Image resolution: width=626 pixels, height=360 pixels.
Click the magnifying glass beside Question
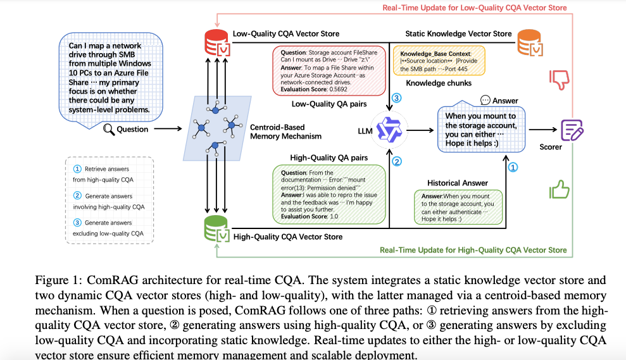[x=109, y=129]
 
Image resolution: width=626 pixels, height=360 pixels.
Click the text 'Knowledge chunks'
[x=439, y=83]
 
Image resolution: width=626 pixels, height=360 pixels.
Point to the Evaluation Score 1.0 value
[x=334, y=216]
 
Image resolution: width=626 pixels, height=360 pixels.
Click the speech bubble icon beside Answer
[x=485, y=100]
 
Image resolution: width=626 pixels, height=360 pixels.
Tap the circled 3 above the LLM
[x=396, y=98]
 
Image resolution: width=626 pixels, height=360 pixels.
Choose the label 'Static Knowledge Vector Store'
[x=459, y=34]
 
